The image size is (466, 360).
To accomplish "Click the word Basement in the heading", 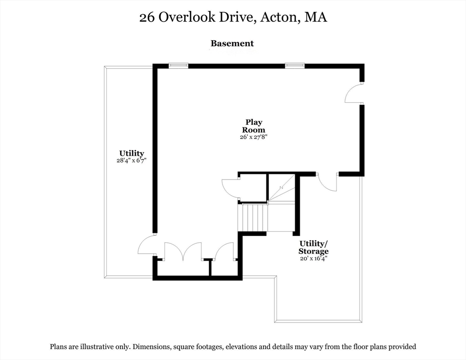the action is point(232,44).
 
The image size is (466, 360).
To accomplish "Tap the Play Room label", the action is point(254,126).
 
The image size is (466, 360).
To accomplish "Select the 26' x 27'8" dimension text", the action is point(254,137).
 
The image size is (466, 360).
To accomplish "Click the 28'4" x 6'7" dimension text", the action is point(132,160).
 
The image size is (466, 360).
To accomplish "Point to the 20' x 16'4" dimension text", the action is point(314,258).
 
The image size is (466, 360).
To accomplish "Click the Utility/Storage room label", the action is point(314,247).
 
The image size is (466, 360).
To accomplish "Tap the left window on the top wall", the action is point(178,66).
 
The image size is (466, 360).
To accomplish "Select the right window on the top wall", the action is point(295,66).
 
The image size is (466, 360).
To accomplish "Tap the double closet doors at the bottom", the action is point(183,252).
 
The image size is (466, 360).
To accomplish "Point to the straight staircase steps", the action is point(253,217).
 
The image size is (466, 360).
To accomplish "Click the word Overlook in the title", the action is point(186,17).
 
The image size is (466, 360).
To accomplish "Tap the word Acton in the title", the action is point(278,17).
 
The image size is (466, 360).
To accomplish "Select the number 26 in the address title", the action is point(147,17).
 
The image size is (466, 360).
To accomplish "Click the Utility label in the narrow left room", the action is point(132,153).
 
